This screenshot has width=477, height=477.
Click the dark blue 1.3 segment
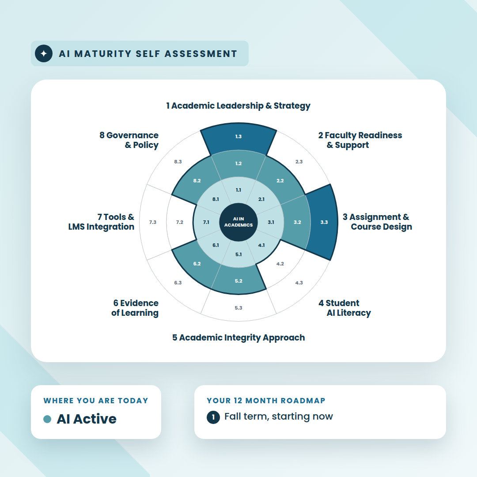coord(238,138)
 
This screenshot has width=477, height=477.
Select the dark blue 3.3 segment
coord(323,222)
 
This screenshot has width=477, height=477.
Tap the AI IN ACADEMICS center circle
coord(238,222)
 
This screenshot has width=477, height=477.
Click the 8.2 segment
coord(195,182)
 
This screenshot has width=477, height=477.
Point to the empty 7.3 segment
coord(153,222)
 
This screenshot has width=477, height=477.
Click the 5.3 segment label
coord(238,308)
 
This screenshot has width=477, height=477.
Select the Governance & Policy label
coord(129,140)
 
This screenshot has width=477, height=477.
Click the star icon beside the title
coord(44,53)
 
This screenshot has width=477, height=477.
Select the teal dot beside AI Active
coord(47,419)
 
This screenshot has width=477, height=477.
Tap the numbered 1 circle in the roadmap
coord(213,417)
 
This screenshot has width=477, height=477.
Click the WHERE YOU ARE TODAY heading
coord(96,401)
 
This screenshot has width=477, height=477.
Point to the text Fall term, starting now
coord(279,416)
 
